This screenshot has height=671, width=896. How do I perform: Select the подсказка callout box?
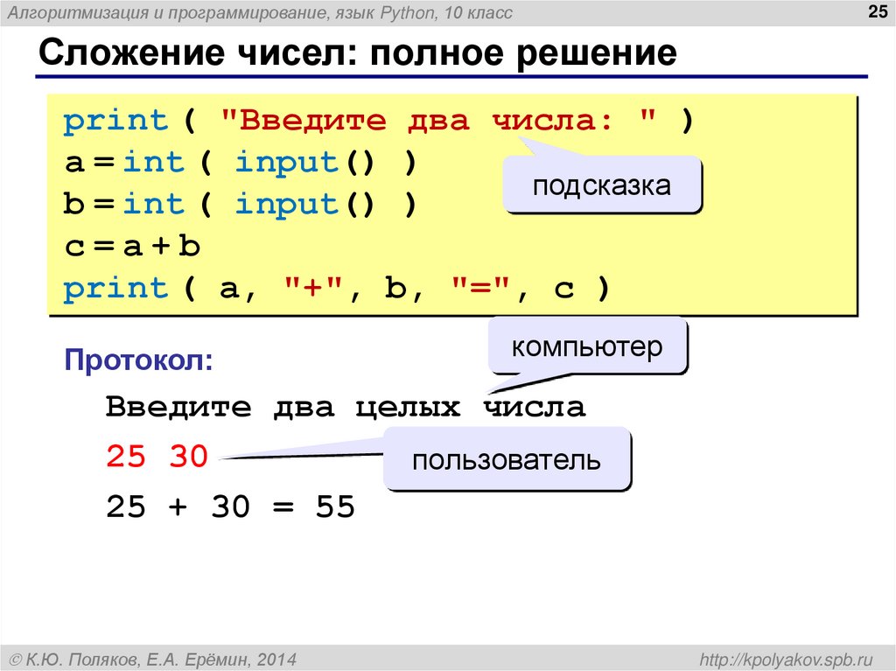pos(602,185)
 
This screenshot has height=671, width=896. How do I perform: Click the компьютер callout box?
pos(587,347)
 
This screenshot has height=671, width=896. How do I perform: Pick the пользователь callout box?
pos(507,459)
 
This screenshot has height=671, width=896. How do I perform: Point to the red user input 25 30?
pos(157,457)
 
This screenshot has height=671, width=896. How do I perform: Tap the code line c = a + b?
pos(132,247)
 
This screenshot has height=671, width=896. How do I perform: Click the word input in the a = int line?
pos(286,163)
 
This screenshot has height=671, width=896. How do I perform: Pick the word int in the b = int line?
pos(154,205)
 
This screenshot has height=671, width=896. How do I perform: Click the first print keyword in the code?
pos(115,121)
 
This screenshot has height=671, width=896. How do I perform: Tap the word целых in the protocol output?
pos(408,408)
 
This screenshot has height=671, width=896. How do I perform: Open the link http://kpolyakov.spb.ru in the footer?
pos(782,658)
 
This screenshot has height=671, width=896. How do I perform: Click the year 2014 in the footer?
pos(278,658)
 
